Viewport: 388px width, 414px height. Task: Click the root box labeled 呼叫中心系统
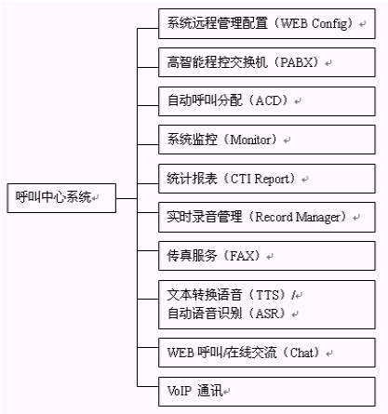pyautogui.click(x=61, y=198)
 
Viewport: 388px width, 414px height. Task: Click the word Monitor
pyautogui.click(x=250, y=140)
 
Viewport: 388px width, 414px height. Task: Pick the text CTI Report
pyautogui.click(x=260, y=179)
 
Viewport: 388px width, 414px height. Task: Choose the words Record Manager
pyautogui.click(x=298, y=217)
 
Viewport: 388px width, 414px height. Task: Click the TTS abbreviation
pyautogui.click(x=267, y=295)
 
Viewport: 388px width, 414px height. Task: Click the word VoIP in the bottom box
pyautogui.click(x=179, y=391)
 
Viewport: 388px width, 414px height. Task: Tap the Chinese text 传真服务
pyautogui.click(x=192, y=256)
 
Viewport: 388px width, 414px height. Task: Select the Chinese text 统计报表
pyautogui.click(x=192, y=179)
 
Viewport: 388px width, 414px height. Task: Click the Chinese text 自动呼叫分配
pyautogui.click(x=205, y=100)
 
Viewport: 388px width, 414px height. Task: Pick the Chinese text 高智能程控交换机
pyautogui.click(x=217, y=62)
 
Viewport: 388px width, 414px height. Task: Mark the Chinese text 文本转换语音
pyautogui.click(x=205, y=294)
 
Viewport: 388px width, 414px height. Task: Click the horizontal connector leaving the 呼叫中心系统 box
pyautogui.click(x=127, y=198)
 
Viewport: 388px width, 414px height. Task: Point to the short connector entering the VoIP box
pyautogui.click(x=148, y=386)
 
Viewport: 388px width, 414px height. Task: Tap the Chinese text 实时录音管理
pyautogui.click(x=205, y=217)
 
